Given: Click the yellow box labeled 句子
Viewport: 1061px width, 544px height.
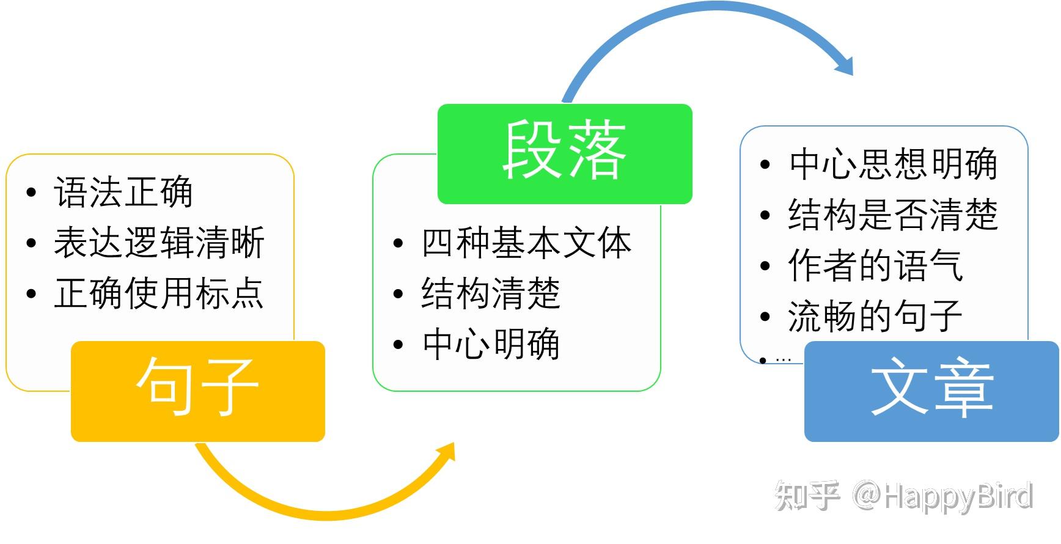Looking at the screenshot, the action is coord(197,391).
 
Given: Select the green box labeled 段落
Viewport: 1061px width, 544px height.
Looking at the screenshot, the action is coord(564,153).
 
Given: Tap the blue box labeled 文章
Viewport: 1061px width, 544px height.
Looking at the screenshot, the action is coord(931,391).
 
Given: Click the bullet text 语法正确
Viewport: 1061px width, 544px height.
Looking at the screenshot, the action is coord(123,192).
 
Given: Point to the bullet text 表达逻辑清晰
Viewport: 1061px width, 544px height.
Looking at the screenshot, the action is coord(159,243).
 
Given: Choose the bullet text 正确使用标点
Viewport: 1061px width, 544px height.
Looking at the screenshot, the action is coord(159,293).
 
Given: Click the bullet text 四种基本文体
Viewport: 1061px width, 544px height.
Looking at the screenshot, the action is coord(526,243).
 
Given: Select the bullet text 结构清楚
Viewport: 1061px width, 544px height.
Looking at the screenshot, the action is coord(491,293).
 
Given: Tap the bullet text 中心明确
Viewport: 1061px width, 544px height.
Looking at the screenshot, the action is coord(491,344).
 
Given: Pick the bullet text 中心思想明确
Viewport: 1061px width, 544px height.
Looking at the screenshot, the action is coord(893,164).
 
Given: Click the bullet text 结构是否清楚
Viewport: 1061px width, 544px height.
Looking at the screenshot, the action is coord(893,215).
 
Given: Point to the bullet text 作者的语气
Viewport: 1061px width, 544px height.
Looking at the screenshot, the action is coord(875,265).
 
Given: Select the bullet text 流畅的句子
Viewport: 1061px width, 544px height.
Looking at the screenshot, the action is coord(875,316).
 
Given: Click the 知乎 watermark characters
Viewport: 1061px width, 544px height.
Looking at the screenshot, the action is coord(807,495).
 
